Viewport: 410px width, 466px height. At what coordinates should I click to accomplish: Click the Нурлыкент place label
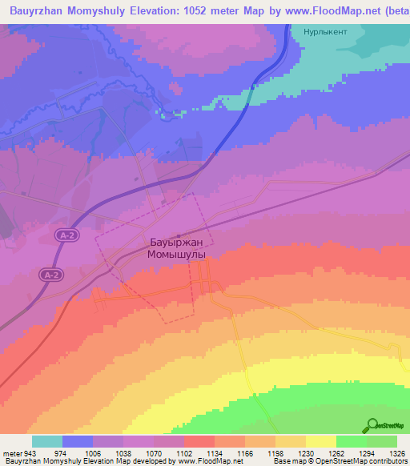[x=324, y=34]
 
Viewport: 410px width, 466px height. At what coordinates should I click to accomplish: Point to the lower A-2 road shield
[x=50, y=275]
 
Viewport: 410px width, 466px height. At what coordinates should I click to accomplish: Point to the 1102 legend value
[x=183, y=452]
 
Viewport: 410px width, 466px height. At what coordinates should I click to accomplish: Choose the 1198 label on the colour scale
[x=275, y=452]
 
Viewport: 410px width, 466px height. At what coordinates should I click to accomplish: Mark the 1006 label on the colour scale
[x=93, y=452]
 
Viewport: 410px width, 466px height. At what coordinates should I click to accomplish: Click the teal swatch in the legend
[x=47, y=441]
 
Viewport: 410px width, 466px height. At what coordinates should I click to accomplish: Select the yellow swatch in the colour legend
[x=321, y=441]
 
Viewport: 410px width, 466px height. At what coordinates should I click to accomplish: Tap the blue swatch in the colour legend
[x=78, y=441]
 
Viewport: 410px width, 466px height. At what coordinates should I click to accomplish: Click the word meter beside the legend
[x=12, y=452]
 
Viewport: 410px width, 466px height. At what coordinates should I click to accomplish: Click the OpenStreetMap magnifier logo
[x=371, y=424]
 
